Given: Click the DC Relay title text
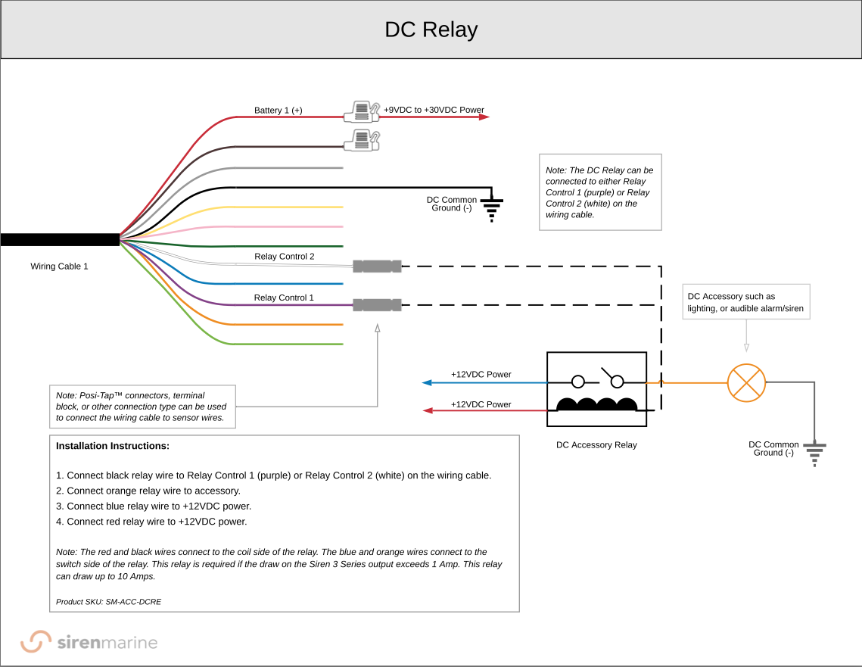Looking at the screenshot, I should coord(431,30).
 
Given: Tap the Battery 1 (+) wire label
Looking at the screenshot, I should coord(278,111).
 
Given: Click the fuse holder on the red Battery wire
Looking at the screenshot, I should coord(362,113).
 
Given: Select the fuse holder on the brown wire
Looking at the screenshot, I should coord(362,140).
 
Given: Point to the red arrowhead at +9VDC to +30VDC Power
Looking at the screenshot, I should coord(484,117).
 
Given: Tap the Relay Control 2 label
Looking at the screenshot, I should coord(284,257).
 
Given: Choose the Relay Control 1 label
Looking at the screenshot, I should coord(284,298).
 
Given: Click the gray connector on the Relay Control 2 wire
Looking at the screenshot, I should coord(377,266).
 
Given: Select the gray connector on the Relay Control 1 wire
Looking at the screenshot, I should coord(377,305).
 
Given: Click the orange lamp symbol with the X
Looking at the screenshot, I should coord(746,382).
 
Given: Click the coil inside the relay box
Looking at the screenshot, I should coord(596,405).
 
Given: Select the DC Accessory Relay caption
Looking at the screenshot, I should coord(596,445).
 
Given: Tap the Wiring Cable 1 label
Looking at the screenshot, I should coord(59,266).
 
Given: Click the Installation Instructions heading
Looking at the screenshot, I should coord(113,446).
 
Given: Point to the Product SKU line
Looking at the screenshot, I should coord(108,602).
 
